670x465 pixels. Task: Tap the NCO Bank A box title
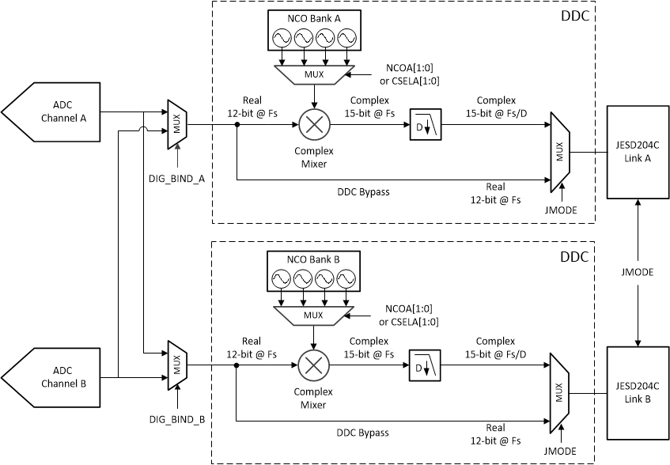(314, 17)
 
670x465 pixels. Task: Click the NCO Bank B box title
(314, 259)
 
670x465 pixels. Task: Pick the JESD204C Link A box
(637, 152)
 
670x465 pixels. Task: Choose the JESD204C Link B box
(637, 393)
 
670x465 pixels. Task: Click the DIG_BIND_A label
(177, 178)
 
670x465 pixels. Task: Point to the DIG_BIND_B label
(177, 418)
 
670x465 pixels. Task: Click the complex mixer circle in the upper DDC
(314, 125)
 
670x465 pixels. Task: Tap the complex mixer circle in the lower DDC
(314, 366)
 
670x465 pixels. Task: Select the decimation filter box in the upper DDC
(426, 125)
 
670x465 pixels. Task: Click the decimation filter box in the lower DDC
(426, 366)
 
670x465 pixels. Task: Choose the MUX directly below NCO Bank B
(314, 315)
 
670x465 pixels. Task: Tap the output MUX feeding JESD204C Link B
(559, 393)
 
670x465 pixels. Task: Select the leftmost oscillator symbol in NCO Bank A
(282, 37)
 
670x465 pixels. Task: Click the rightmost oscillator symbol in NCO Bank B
(346, 279)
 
